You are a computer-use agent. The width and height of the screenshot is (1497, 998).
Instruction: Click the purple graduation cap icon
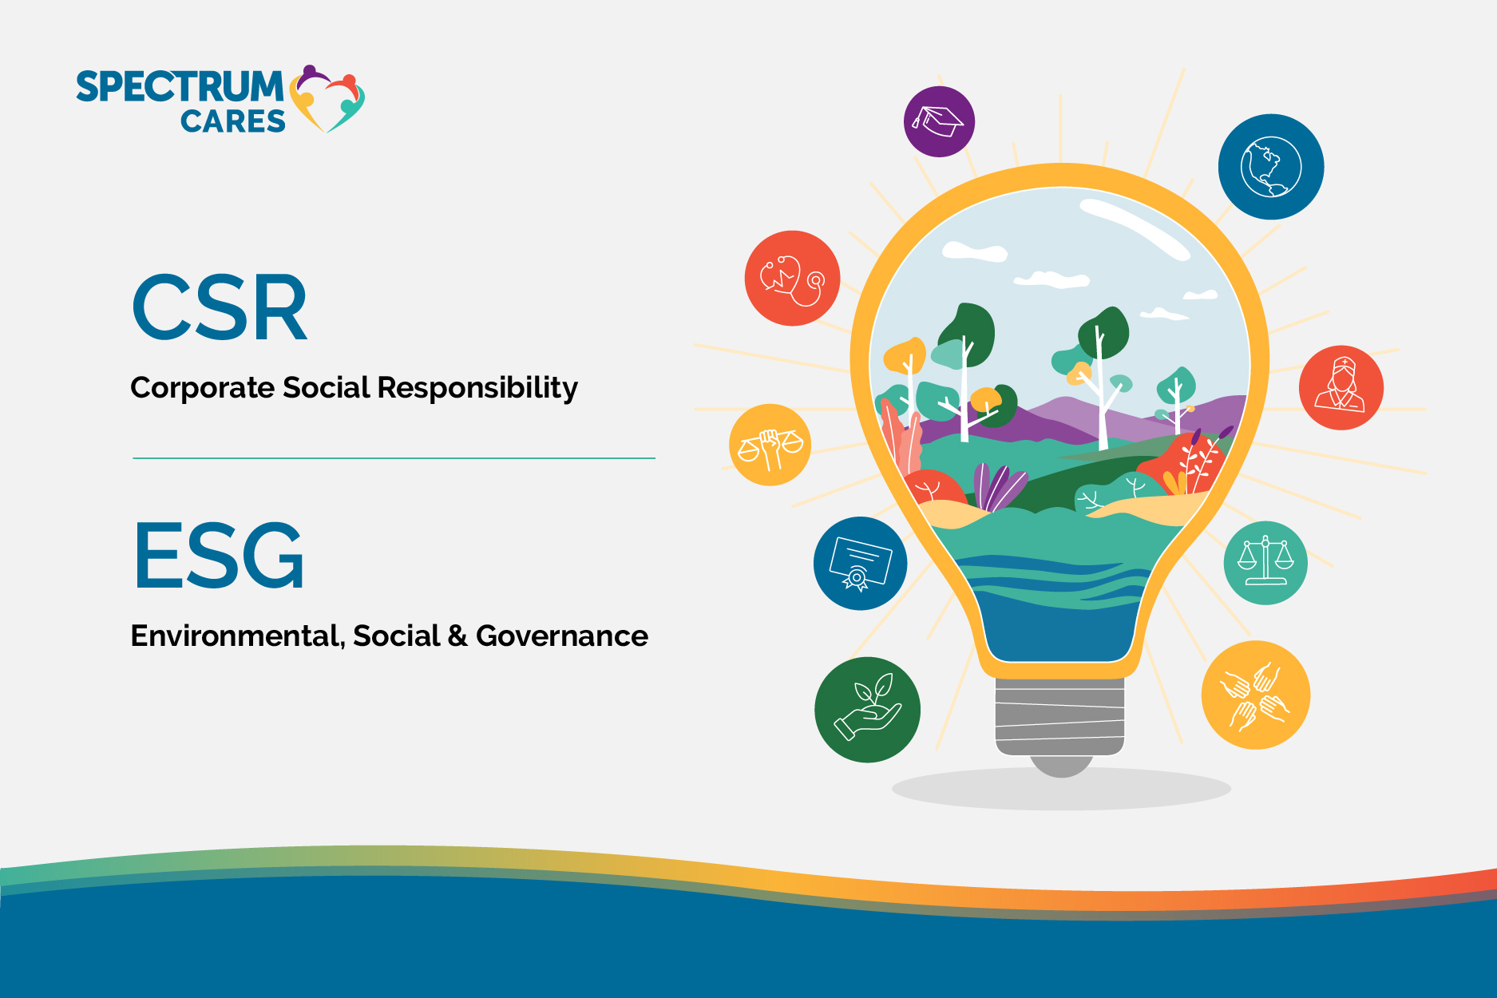939,121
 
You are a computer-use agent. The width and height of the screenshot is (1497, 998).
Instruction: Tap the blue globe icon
1270,167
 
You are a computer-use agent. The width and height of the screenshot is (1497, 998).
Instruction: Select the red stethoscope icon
792,279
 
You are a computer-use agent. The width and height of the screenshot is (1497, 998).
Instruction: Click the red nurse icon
1341,387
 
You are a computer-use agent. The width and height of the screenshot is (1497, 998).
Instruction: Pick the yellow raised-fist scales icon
770,445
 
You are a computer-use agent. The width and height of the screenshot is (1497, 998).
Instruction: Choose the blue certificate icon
860,563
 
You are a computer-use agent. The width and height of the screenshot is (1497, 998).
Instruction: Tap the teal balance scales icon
1265,563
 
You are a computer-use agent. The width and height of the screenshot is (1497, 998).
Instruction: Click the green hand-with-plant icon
867,709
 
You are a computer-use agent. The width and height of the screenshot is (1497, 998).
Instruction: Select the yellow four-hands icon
1255,695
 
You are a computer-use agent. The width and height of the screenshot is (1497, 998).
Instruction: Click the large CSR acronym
220,308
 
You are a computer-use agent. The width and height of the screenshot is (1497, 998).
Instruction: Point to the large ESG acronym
219,556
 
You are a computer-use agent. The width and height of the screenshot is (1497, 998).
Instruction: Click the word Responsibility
477,388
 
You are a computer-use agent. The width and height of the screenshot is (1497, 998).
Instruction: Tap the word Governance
561,636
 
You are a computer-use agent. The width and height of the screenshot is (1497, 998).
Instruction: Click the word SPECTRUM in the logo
180,86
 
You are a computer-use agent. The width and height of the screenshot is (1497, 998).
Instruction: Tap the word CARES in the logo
232,122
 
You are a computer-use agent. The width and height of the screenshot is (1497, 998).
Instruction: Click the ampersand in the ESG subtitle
457,636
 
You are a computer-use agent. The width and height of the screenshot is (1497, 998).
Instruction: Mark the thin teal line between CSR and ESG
394,458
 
